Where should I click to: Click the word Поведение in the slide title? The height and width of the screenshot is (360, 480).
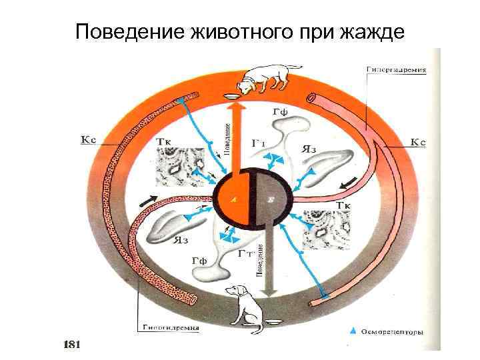tap(130, 31)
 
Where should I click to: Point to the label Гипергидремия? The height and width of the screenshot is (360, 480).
tap(397, 69)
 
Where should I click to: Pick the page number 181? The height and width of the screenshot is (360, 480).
tap(71, 344)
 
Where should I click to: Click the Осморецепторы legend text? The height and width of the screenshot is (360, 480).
tap(391, 331)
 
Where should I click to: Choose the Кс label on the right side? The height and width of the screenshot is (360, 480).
tap(417, 141)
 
